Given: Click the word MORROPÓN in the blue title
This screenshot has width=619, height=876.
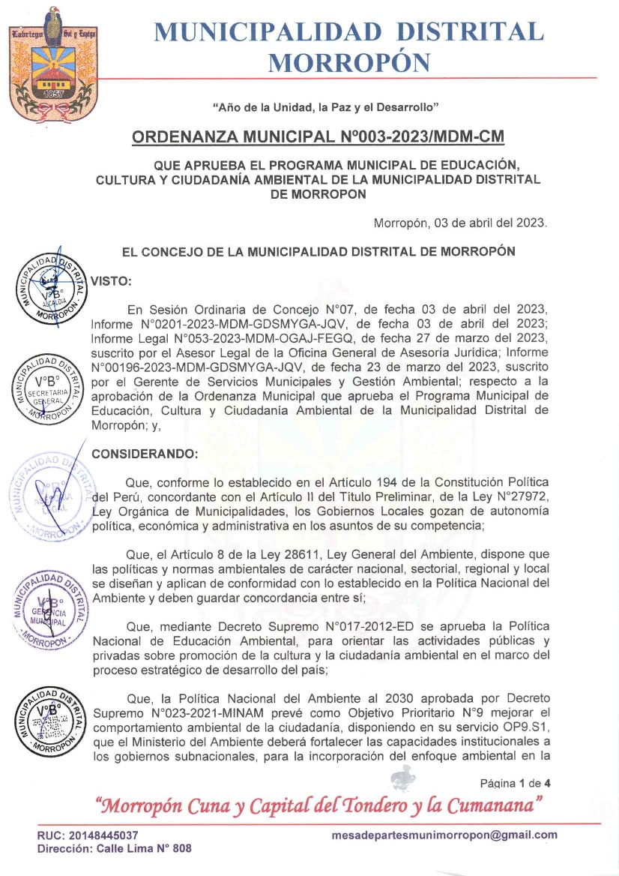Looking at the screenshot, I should [x=349, y=63].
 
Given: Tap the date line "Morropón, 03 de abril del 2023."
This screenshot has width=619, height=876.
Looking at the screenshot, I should [x=460, y=223].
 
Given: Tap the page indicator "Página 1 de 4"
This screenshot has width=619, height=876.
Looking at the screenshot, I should [x=516, y=783].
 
